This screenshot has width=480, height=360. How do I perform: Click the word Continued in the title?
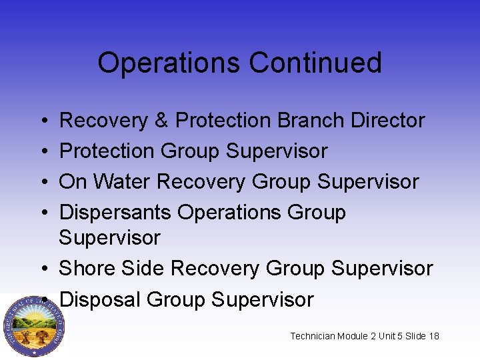[x=315, y=63]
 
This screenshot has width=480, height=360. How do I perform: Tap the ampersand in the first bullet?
[x=161, y=121]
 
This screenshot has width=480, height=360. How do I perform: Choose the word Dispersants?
[x=116, y=213]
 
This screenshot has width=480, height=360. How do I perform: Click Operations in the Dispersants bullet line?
[x=230, y=213]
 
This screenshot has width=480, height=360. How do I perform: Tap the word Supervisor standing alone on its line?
[x=110, y=237]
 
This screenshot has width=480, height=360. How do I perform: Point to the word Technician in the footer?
[x=314, y=336]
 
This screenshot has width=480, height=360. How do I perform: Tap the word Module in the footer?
[x=357, y=336]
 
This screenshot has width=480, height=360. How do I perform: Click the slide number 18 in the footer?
[x=433, y=336]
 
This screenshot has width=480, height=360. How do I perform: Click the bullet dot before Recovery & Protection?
[x=42, y=121]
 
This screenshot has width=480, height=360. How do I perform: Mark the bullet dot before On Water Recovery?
[x=42, y=182]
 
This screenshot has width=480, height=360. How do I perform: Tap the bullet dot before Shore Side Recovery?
[x=42, y=269]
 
